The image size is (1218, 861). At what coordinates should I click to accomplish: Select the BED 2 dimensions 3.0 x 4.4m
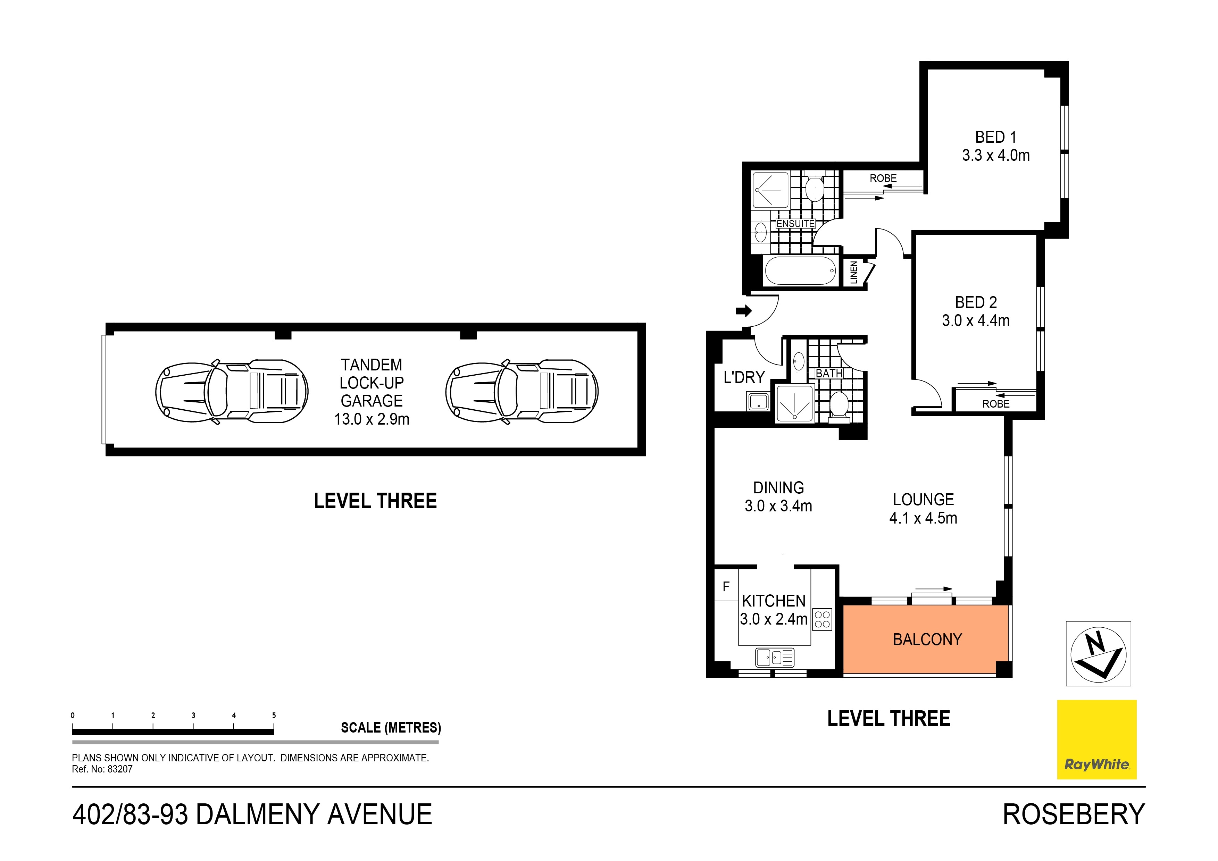click(976, 321)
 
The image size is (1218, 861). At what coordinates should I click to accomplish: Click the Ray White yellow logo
click(1096, 739)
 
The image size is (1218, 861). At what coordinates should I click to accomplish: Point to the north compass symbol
click(1098, 654)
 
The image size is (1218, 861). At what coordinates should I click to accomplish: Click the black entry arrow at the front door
click(744, 311)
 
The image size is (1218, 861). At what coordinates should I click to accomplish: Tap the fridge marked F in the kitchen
click(726, 586)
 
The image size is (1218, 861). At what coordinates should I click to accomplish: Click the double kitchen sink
click(775, 658)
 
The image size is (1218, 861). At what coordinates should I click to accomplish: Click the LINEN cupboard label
click(853, 273)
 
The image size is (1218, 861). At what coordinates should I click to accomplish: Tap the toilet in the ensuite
click(814, 188)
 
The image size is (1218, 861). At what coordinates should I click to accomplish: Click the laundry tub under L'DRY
click(759, 402)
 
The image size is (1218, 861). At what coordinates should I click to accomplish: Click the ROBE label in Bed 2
click(996, 404)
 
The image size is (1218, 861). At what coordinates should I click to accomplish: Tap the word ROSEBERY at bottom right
click(1073, 815)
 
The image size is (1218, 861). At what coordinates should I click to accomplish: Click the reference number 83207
click(120, 769)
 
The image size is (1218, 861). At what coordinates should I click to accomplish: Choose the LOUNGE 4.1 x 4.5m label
click(923, 508)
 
